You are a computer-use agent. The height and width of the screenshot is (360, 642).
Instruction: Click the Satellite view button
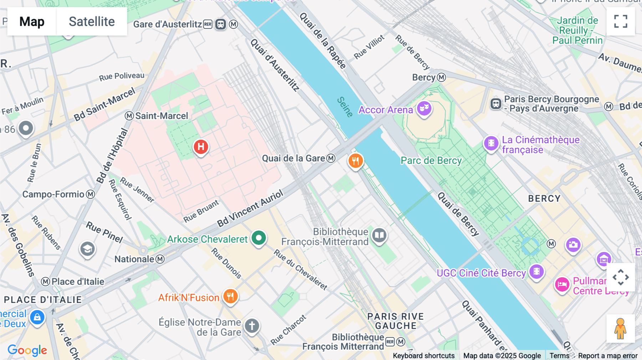[x=92, y=21]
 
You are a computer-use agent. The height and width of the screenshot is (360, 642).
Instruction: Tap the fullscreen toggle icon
[x=621, y=21]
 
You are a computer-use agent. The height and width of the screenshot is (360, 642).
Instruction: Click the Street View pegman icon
[x=620, y=329]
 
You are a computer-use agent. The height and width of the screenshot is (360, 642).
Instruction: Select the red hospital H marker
[x=201, y=146]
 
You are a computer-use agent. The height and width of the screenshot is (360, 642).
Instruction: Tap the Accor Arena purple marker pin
[x=424, y=108]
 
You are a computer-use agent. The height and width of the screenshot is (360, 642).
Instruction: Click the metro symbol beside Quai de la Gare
[x=331, y=158]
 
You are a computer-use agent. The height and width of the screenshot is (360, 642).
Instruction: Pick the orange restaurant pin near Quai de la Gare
[x=356, y=161]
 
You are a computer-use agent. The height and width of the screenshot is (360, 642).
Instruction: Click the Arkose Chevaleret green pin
[x=259, y=238]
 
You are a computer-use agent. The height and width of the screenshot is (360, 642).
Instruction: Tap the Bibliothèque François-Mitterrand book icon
[x=379, y=235]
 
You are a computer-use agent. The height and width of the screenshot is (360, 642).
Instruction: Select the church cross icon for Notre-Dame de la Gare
[x=252, y=326]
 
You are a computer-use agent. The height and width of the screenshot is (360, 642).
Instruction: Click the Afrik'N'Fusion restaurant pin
[x=230, y=296]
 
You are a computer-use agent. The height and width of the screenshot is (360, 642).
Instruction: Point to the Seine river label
[x=345, y=107]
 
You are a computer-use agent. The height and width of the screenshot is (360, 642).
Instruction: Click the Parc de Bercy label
[x=431, y=161]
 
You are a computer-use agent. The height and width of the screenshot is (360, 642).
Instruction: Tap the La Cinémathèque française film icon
[x=491, y=143]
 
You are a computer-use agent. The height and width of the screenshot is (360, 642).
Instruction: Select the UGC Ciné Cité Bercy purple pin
[x=536, y=272]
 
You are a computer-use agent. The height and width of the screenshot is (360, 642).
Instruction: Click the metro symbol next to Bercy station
[x=442, y=77]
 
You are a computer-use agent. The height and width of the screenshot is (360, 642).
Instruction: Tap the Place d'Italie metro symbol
[x=45, y=282]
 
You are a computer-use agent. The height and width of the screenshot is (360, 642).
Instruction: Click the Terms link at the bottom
[x=559, y=355]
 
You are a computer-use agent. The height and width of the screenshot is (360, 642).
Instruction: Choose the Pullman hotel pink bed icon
[x=562, y=284]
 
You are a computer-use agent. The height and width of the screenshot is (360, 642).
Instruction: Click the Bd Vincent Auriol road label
[x=250, y=209]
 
